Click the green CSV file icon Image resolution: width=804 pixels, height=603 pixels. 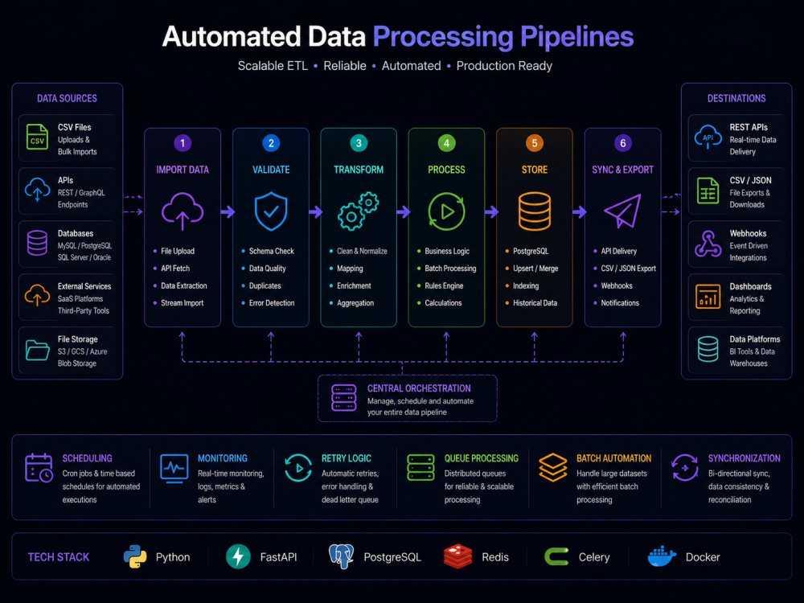coord(37,137)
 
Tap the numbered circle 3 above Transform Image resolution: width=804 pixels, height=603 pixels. coord(359,143)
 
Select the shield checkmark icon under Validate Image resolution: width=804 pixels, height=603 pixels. coord(271,211)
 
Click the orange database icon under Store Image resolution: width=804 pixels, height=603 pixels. coord(535,211)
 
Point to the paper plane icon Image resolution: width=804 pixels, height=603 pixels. coord(622,211)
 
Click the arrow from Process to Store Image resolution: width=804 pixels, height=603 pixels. coord(491,211)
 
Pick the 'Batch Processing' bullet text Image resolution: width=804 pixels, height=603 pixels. coord(450,269)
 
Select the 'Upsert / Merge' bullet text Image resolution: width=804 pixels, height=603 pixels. coord(535,269)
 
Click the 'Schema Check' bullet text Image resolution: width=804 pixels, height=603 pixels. coord(271,251)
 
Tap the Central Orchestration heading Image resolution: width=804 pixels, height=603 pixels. coord(419,388)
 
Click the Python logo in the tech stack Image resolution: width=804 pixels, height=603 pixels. coord(135,557)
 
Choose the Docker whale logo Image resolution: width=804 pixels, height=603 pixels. coord(662,556)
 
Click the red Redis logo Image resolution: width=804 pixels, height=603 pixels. coord(458,557)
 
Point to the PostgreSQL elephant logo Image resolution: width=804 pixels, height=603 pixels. coord(342,556)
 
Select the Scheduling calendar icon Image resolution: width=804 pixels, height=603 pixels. coord(39,468)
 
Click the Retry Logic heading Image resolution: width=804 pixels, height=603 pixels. coord(346,458)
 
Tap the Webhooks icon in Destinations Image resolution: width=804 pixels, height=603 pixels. coord(708,244)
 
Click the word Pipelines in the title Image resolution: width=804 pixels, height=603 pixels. coord(576,37)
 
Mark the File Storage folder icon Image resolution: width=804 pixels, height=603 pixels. coord(38,351)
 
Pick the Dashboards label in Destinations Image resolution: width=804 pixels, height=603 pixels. coord(750,286)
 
